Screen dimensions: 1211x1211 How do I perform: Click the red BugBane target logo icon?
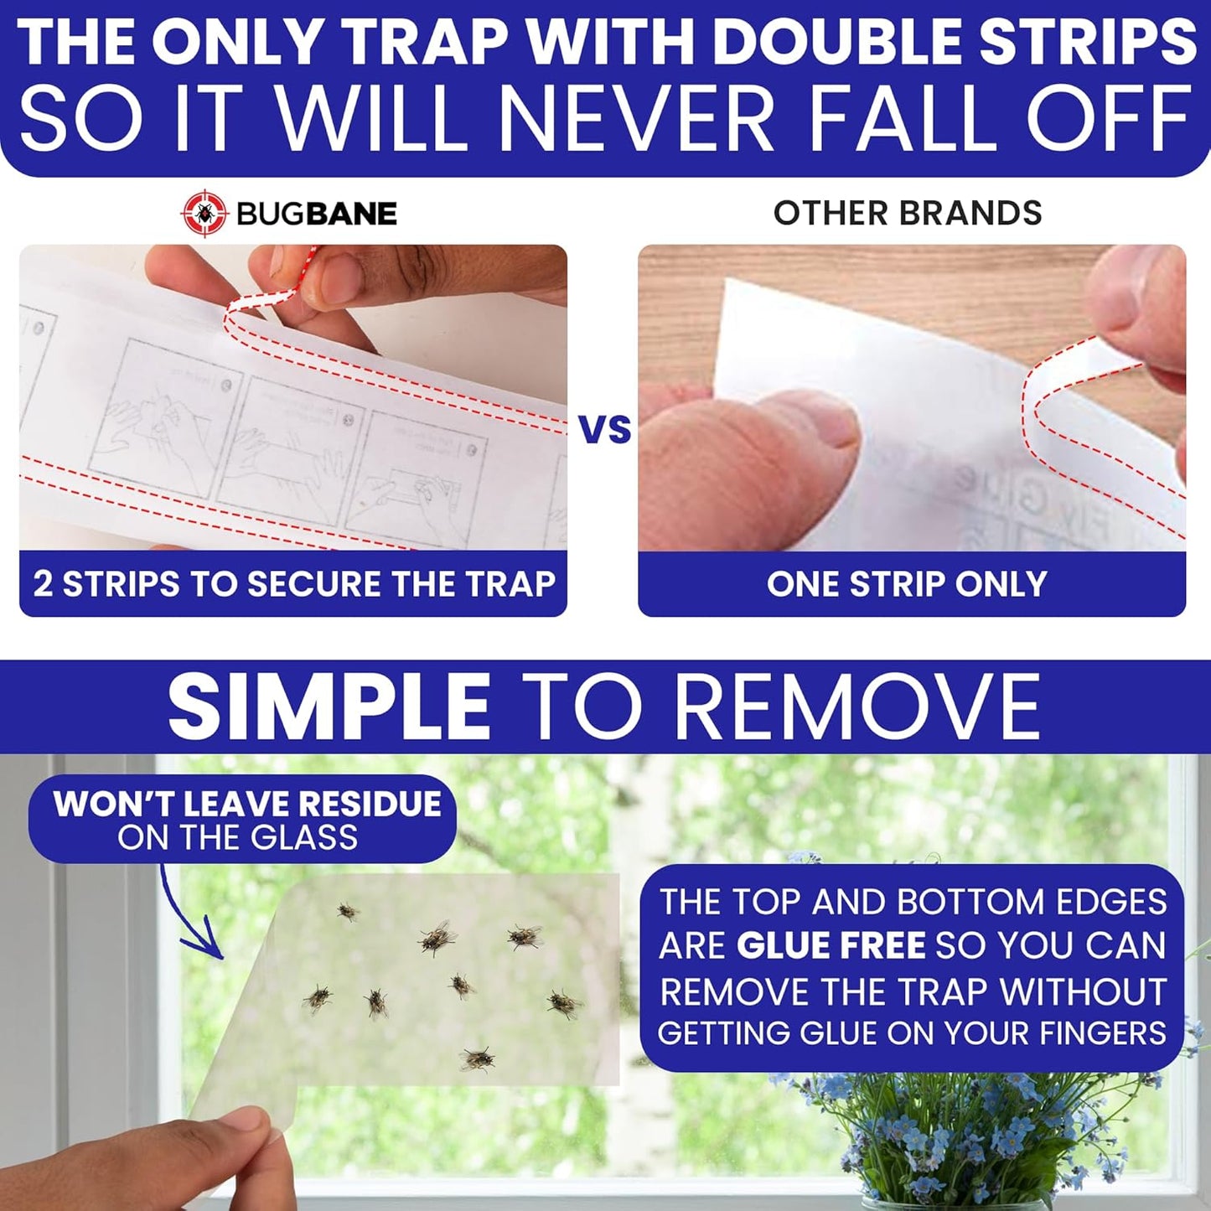click(204, 214)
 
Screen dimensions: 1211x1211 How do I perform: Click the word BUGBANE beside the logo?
click(316, 214)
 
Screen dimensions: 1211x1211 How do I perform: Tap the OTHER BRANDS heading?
click(907, 213)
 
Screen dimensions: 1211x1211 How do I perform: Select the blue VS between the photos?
click(604, 429)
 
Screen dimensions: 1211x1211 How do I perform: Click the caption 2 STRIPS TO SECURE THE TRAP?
click(293, 583)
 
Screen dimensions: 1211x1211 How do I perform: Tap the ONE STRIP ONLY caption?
click(907, 583)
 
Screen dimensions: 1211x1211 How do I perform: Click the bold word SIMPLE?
click(329, 706)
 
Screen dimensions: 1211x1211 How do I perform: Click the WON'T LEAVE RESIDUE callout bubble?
click(243, 820)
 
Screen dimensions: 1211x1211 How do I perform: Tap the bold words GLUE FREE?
click(831, 945)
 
